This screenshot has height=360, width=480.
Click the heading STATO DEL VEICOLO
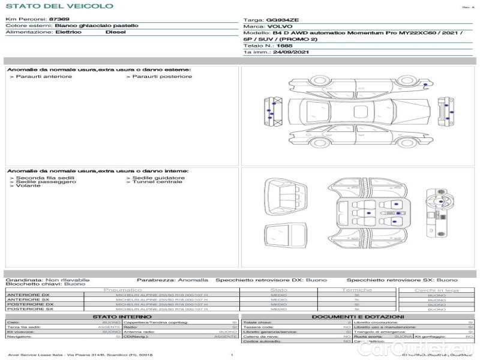click(x=59, y=6)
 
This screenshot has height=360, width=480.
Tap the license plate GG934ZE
click(x=278, y=20)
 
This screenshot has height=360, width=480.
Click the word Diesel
click(x=115, y=32)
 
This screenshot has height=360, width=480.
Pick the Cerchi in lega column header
click(x=437, y=290)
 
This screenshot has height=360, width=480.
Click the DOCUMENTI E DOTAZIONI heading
click(x=358, y=317)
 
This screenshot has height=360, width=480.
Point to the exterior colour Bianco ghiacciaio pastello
click(x=96, y=26)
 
